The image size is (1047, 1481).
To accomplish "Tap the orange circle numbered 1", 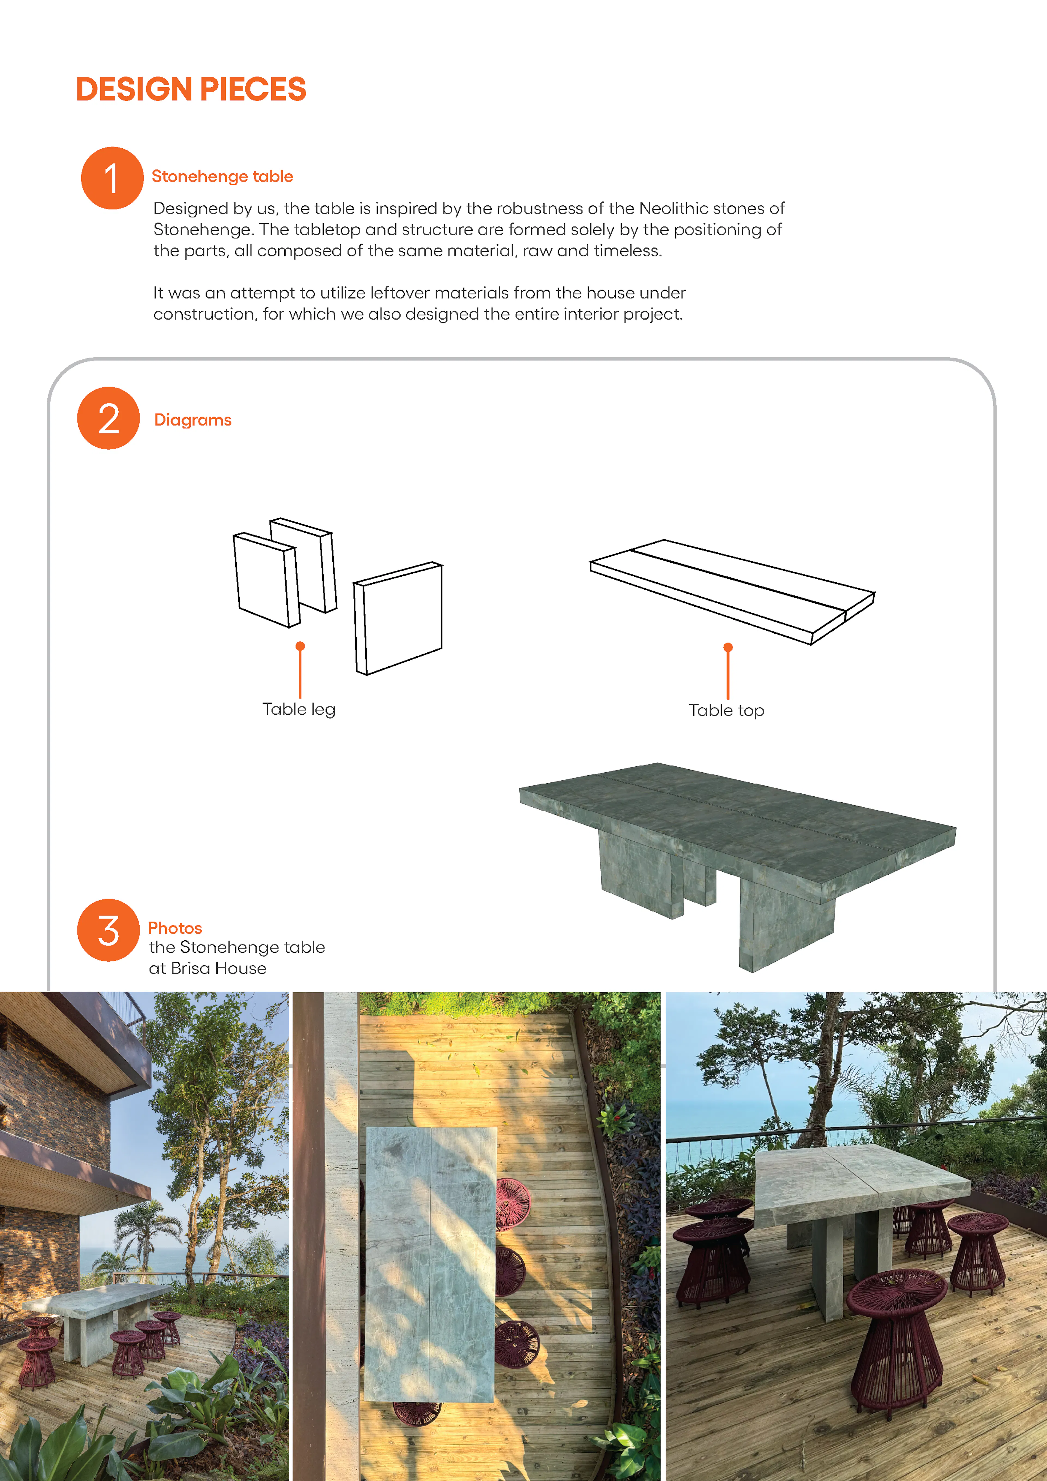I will (x=112, y=178).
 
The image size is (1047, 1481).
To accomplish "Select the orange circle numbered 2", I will (x=108, y=418).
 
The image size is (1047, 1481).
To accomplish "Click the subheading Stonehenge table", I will (x=222, y=176).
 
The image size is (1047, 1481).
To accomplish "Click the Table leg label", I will (x=299, y=709).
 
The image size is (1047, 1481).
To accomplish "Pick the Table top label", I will (x=726, y=710).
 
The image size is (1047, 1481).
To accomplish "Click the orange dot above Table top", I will (x=728, y=647).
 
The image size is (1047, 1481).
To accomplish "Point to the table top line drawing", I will (x=732, y=590).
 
